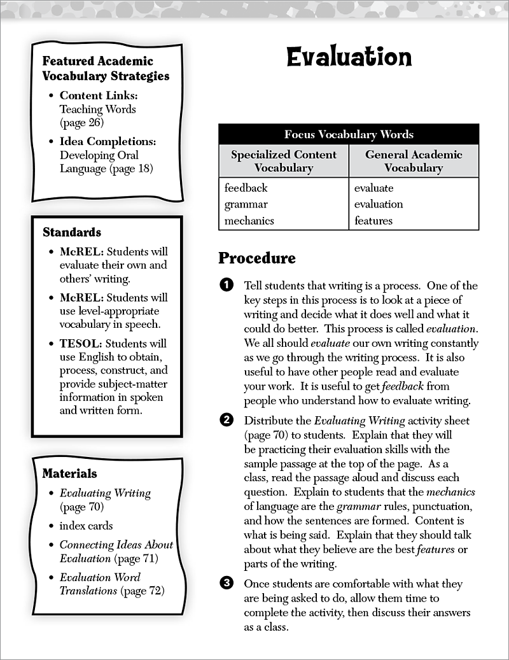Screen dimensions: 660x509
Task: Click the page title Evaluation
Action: tap(349, 57)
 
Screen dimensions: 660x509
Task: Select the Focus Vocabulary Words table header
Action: tap(349, 134)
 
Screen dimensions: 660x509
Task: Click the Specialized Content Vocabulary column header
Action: tap(284, 161)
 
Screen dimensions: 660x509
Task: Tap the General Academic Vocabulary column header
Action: tap(414, 161)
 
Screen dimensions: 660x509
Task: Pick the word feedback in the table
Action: tap(246, 188)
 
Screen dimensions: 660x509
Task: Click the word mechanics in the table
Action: tap(249, 221)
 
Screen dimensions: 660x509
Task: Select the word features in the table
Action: tap(373, 221)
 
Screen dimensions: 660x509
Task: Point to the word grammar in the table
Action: tap(246, 204)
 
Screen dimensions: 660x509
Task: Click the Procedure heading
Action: tap(257, 258)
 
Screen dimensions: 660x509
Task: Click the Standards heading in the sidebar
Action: tap(72, 232)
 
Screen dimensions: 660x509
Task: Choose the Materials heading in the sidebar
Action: tap(70, 474)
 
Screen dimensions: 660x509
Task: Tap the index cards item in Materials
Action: tap(86, 526)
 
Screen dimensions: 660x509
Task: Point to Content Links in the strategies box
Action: tap(99, 95)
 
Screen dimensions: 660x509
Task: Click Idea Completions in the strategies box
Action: tap(108, 141)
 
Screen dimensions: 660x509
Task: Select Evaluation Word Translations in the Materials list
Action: tap(100, 584)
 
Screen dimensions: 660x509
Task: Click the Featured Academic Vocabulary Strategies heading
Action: tap(106, 69)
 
